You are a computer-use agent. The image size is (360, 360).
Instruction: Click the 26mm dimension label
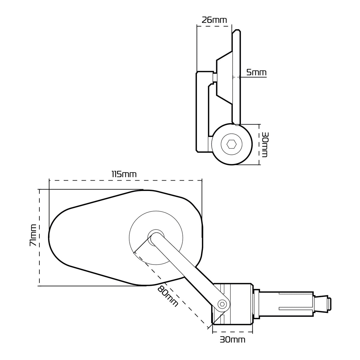(214, 20)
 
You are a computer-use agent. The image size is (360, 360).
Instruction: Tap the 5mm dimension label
(256, 72)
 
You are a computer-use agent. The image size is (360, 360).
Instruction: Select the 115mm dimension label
(124, 174)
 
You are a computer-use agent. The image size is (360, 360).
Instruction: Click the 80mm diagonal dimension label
(168, 296)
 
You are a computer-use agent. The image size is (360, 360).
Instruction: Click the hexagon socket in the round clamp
(231, 145)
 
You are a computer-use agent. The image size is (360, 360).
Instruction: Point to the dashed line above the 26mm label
(214, 26)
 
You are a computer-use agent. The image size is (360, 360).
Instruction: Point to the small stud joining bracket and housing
(215, 77)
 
